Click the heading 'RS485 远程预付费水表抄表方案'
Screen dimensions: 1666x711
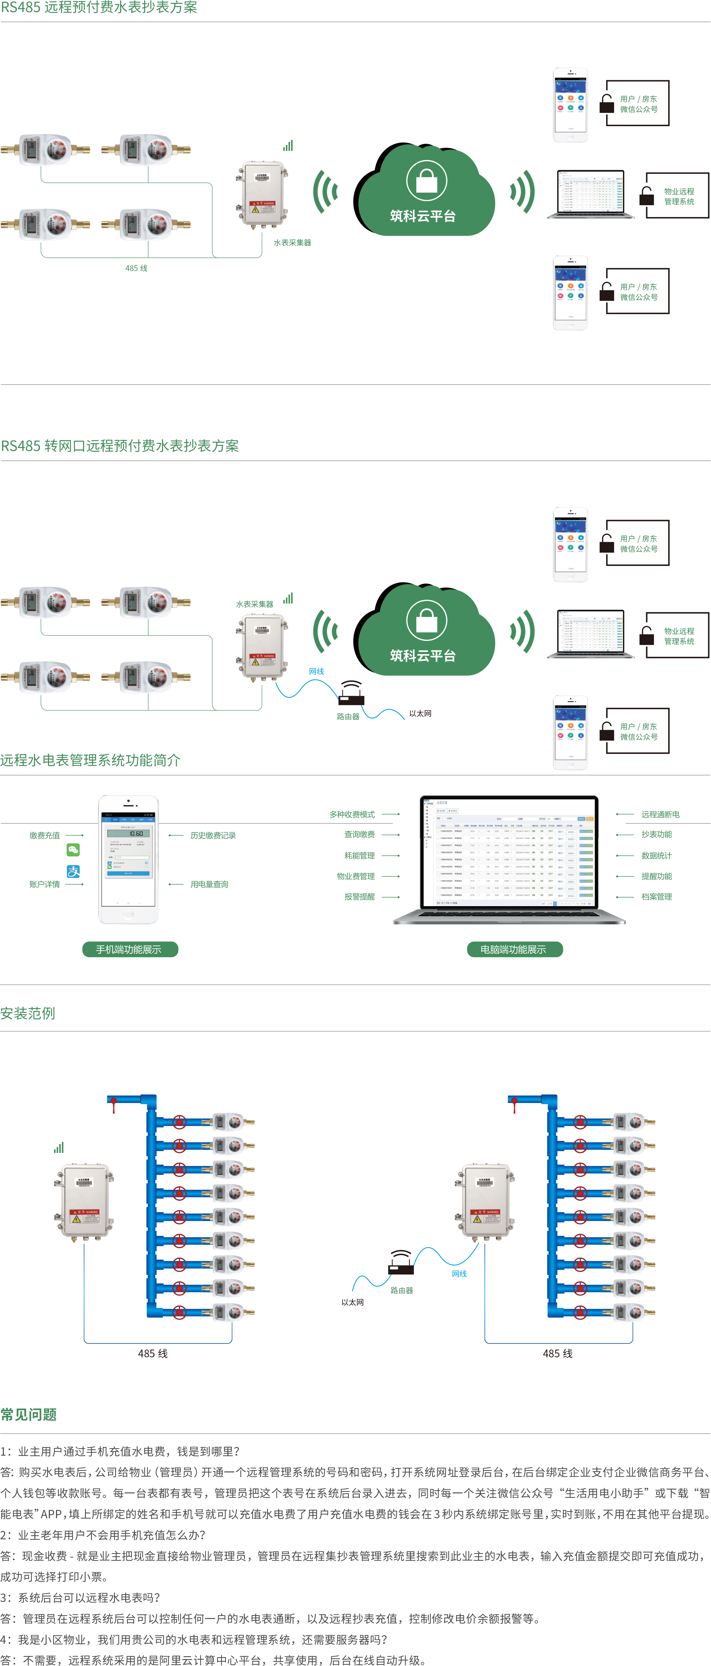click(x=99, y=8)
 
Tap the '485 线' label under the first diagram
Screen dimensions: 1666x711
click(x=136, y=268)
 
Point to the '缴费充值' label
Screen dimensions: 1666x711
click(x=45, y=836)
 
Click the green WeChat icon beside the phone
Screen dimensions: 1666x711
click(x=74, y=850)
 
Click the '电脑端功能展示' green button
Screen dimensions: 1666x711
click(x=515, y=950)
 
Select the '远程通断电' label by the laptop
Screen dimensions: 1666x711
click(x=660, y=814)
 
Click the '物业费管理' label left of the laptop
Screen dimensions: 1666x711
click(x=356, y=876)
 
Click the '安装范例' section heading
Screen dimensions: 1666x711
click(x=28, y=1013)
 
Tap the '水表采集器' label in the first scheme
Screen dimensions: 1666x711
click(x=292, y=243)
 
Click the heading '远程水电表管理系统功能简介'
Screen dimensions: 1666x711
click(x=90, y=760)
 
